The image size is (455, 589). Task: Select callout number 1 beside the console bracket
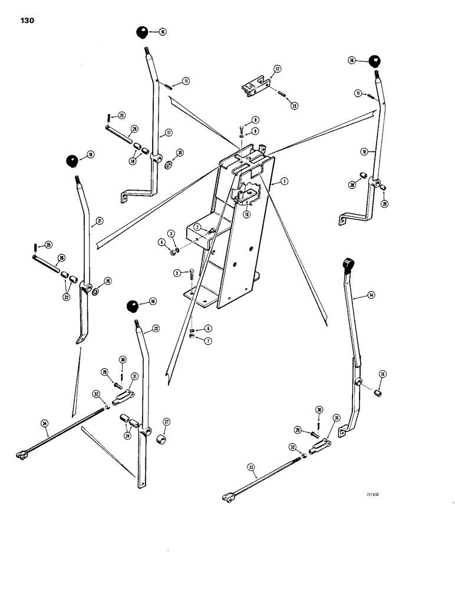(284, 183)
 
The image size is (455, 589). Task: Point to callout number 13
(294, 105)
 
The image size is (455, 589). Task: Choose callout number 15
(382, 374)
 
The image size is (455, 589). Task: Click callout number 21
(100, 221)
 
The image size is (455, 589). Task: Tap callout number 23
(156, 329)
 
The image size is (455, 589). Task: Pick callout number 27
(167, 422)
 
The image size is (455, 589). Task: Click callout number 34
(44, 423)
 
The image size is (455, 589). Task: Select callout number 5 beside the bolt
(177, 273)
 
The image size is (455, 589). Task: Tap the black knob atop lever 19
(375, 61)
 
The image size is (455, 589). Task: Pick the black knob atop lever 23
(133, 307)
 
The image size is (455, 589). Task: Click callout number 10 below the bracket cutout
(246, 215)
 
